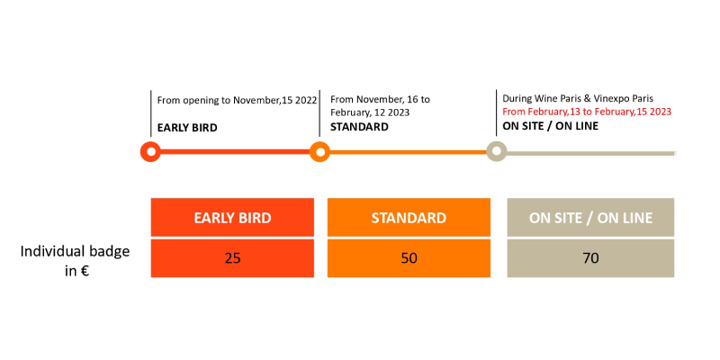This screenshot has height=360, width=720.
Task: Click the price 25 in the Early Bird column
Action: (x=232, y=258)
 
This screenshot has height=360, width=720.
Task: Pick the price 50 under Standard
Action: (x=409, y=258)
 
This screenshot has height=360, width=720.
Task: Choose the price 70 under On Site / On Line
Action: (x=590, y=258)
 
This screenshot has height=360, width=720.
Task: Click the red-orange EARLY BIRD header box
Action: (x=232, y=217)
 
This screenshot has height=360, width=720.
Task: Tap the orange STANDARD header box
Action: (x=409, y=217)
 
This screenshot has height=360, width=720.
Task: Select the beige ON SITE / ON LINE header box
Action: (x=590, y=217)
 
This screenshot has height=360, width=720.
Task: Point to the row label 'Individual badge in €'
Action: (x=76, y=261)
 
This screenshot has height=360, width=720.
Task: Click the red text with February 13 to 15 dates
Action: (x=587, y=112)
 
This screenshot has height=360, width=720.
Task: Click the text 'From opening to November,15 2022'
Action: (x=237, y=100)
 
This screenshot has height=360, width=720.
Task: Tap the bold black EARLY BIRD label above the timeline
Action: (x=187, y=128)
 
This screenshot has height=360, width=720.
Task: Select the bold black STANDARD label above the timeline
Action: (x=359, y=127)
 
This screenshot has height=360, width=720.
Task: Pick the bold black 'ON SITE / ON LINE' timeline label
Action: (x=551, y=126)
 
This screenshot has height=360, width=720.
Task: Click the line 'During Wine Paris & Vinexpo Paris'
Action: (x=578, y=98)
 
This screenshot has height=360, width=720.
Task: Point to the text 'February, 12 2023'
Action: (x=370, y=112)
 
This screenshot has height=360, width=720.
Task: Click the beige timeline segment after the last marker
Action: (x=591, y=153)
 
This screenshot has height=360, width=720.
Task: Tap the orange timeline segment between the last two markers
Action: (x=408, y=152)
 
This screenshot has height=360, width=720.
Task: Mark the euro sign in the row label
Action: (x=84, y=271)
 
